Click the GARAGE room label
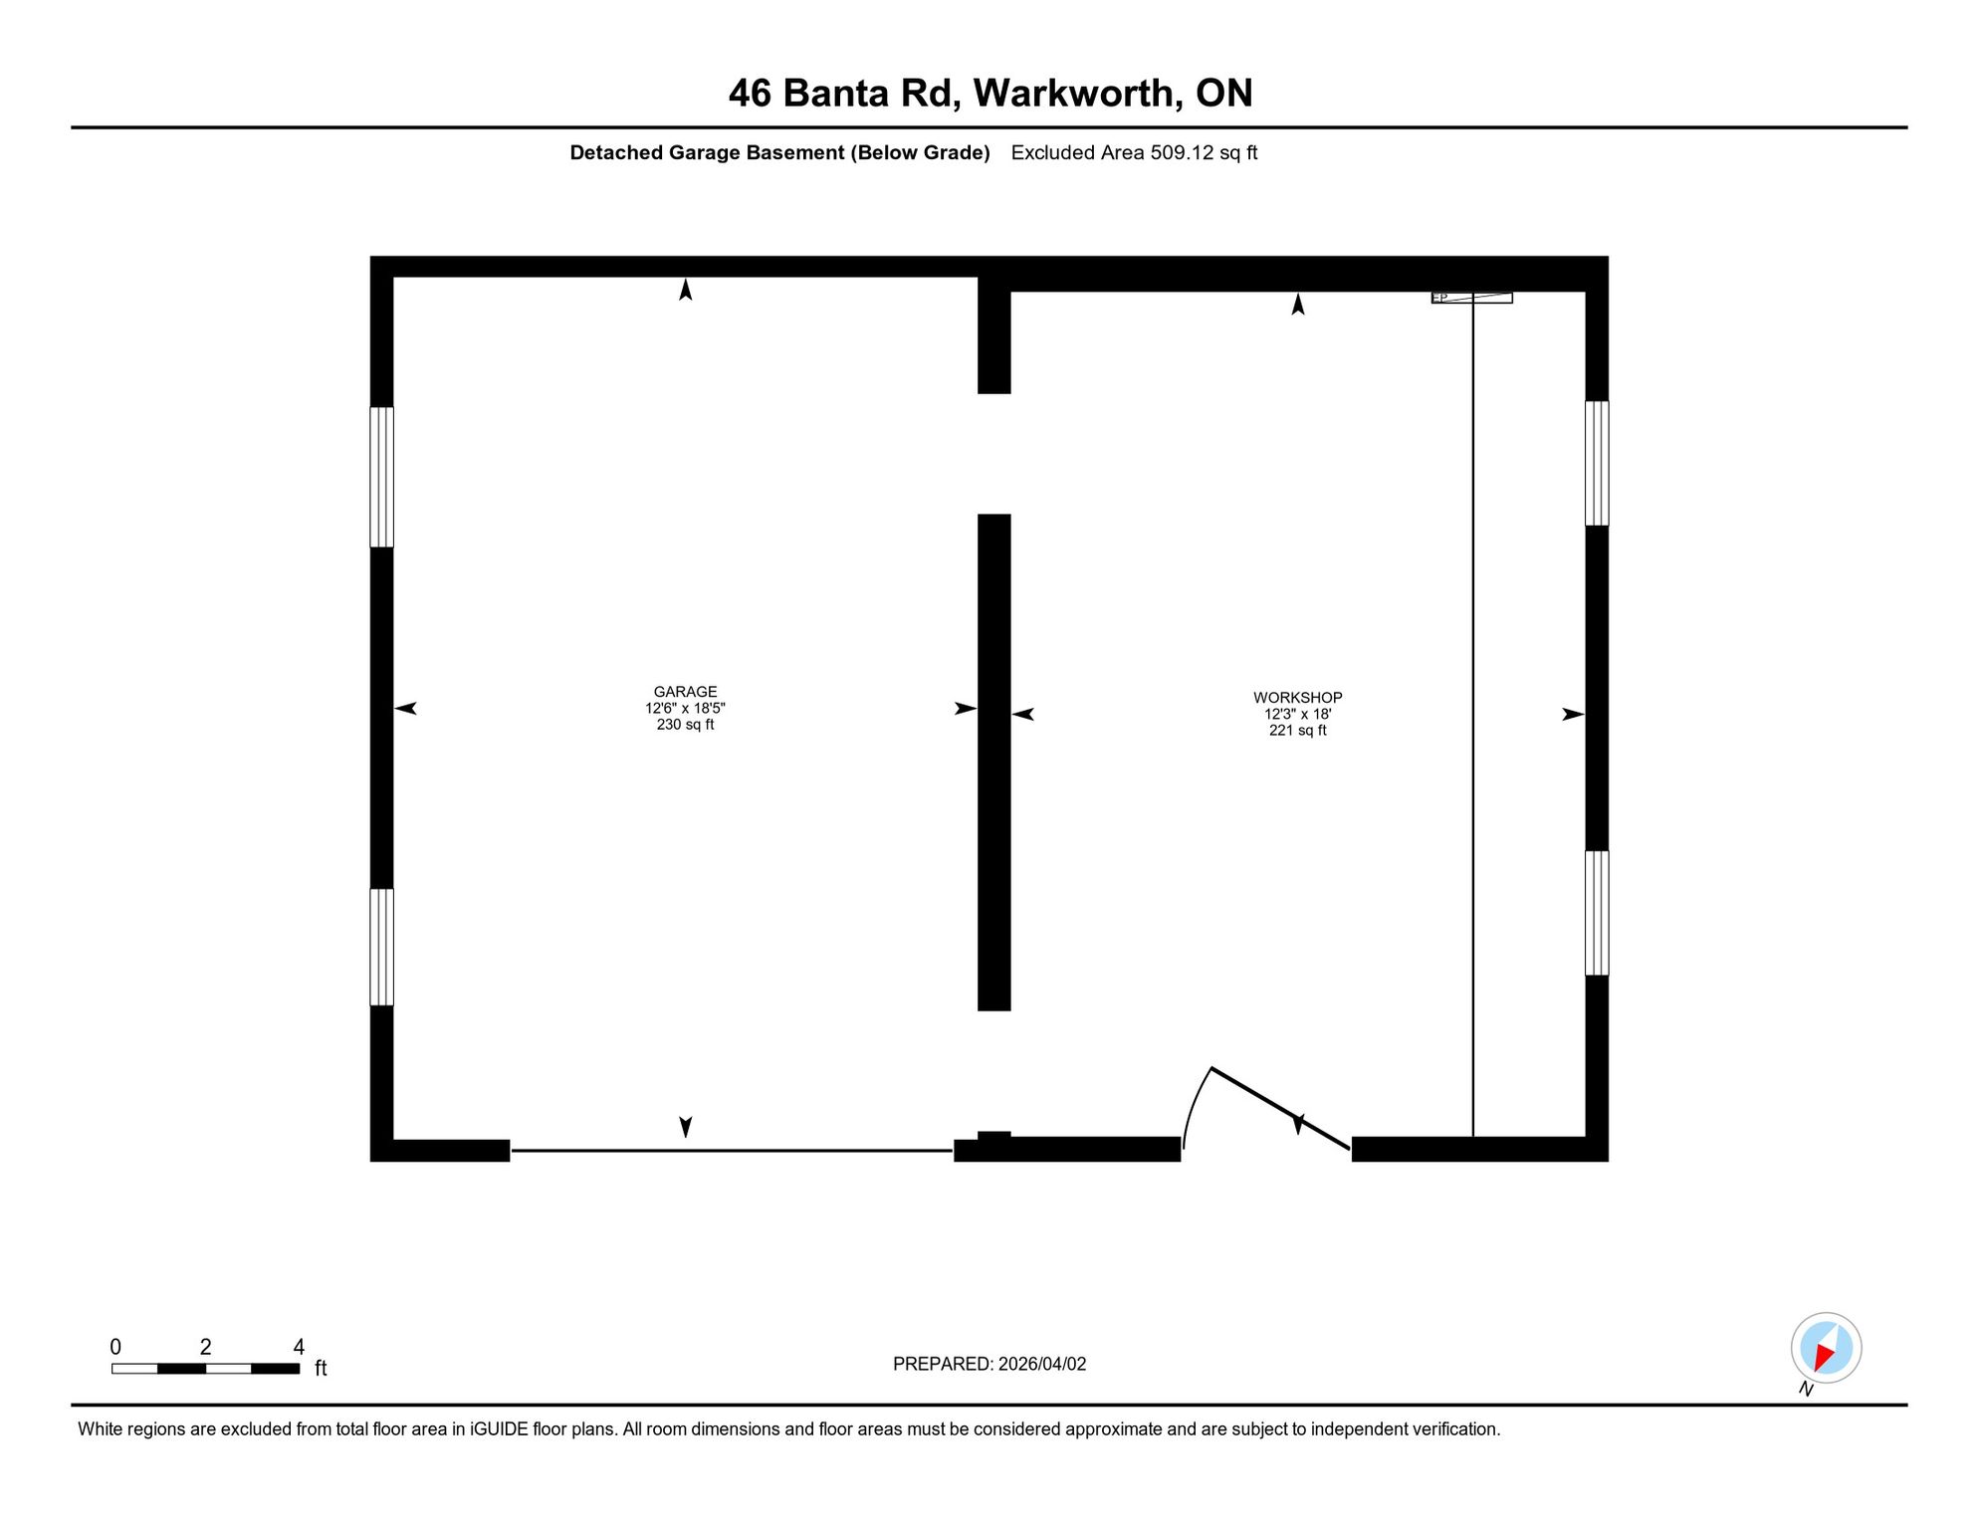[685, 692]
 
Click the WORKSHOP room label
[1297, 698]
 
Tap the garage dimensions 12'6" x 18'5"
[685, 708]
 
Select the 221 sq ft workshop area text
[1297, 730]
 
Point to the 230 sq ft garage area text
[685, 724]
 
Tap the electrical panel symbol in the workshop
[1471, 298]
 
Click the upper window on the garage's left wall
[381, 477]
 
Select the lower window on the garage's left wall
[381, 947]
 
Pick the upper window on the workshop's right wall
[1597, 463]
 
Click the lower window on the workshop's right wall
[1597, 913]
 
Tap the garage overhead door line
[732, 1151]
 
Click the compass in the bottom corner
[1826, 1348]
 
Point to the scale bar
[205, 1369]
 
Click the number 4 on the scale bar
[299, 1347]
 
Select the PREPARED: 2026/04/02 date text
[989, 1364]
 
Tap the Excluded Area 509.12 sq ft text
[1134, 152]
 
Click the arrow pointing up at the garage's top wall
[685, 289]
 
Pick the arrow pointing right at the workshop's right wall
[1573, 714]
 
